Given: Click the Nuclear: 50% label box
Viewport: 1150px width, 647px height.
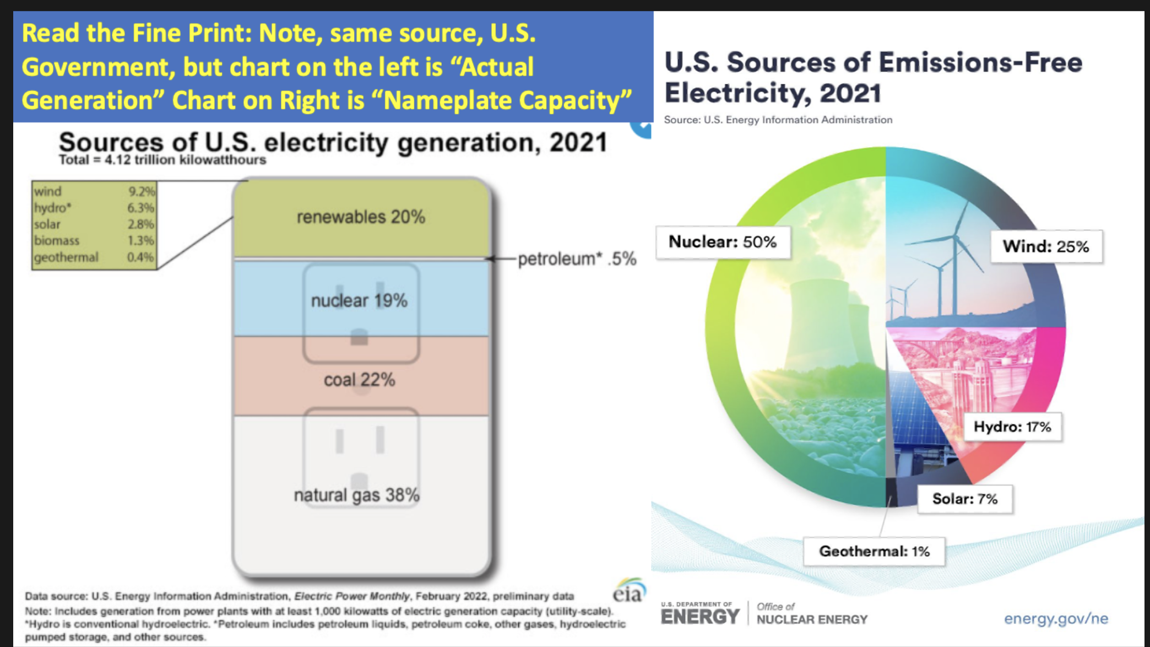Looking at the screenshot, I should coord(723,242).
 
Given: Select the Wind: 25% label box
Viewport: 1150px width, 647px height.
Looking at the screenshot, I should coord(1046,246).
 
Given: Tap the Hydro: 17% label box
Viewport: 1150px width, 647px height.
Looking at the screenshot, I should coord(1012,427).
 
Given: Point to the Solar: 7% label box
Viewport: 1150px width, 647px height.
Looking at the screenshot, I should coord(965,499).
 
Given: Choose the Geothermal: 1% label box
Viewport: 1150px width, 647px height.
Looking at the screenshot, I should coord(874,551).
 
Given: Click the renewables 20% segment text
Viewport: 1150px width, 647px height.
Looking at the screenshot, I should coord(361,217).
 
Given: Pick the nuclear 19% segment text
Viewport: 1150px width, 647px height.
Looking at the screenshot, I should coord(359,301).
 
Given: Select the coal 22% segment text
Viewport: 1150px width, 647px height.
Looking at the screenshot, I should coord(359,380).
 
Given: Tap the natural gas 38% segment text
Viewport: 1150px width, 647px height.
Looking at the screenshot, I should coord(356,495).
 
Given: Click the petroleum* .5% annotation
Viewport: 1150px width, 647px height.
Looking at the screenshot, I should coord(577,258).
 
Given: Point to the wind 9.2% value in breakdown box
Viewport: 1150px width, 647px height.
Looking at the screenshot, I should coord(142,191).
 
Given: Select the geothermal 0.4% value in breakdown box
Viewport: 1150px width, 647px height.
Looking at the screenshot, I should coord(140,257).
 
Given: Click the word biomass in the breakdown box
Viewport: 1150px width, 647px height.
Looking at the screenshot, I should coord(57,241).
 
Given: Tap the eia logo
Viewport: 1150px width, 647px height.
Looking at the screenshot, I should coord(628,591).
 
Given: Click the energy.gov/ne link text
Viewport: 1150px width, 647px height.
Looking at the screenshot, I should coord(1056,618).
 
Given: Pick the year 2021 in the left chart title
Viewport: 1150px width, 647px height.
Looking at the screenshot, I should coord(578,143).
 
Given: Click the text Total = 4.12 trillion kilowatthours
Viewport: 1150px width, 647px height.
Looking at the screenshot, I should coord(162,160).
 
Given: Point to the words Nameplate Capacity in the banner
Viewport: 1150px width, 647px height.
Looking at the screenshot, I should coord(507,101).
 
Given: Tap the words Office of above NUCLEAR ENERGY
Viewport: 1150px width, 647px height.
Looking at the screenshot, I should coord(775,606).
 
